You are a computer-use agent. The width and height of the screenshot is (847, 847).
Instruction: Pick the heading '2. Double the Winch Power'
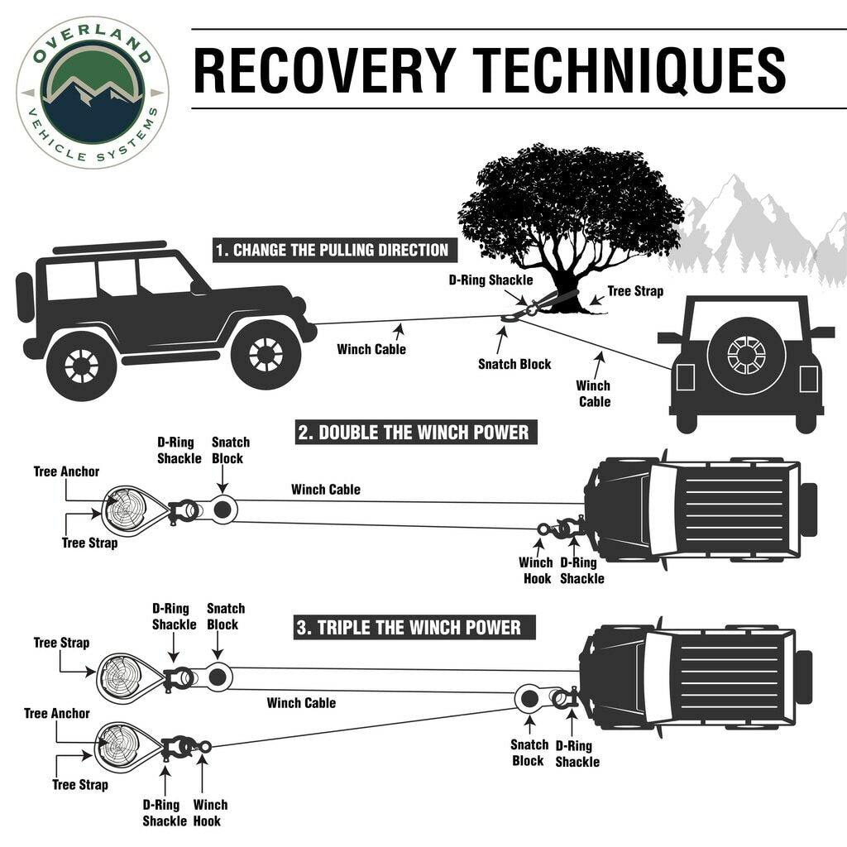pos(413,432)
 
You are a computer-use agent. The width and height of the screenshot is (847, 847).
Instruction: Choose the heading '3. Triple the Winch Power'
pos(409,627)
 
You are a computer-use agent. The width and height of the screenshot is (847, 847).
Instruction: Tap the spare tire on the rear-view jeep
pos(746,355)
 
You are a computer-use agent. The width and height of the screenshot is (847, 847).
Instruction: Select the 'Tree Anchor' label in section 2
pos(66,471)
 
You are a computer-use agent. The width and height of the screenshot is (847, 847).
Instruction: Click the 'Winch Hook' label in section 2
pos(536,571)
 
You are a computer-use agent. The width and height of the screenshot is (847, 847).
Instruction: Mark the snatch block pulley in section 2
pos(222,510)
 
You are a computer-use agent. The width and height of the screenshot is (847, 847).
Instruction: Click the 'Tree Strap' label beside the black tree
pos(635,291)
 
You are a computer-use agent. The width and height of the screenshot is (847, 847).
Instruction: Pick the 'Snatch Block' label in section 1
pos(514,364)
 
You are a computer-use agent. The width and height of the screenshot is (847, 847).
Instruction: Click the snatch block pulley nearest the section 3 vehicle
pos(529,699)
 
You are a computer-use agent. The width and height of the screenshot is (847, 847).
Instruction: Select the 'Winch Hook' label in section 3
pos(210,812)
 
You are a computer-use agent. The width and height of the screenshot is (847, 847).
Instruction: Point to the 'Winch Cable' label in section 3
pos(301,703)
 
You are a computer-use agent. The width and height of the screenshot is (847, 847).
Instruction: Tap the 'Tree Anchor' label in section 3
pos(57,713)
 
